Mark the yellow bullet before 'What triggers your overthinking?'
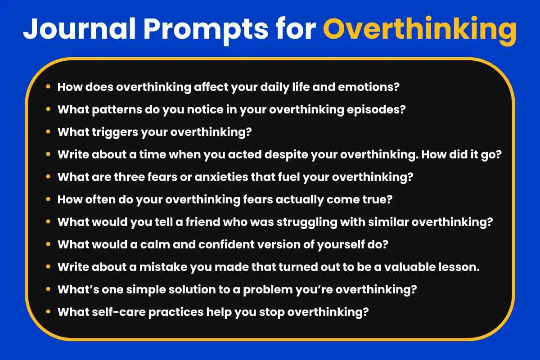(x=48, y=132)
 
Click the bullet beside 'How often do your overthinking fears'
(x=48, y=199)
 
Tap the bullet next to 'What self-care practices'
(x=48, y=312)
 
